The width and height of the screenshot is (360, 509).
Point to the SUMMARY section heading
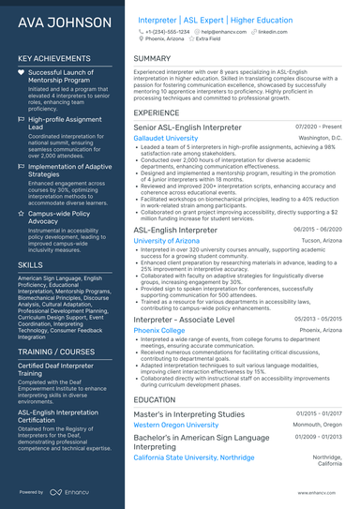pos(152,58)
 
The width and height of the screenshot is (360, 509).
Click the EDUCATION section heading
pos(156,399)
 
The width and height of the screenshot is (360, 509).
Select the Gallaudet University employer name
pos(166,138)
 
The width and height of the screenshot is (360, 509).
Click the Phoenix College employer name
pos(158,305)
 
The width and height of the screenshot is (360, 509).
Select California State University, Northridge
pos(194,457)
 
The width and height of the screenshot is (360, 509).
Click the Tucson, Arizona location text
pos(321,241)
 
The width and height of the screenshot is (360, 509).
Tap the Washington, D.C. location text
pos(321,138)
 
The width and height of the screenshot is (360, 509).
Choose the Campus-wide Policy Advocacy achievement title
pos(60,217)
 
